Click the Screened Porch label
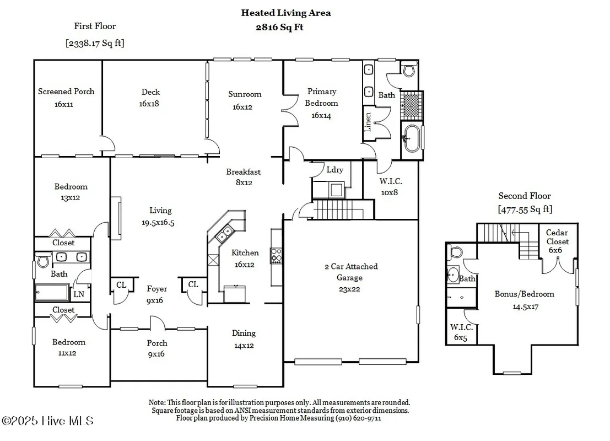tap(66, 97)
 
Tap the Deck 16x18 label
tap(150, 98)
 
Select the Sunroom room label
tap(245, 100)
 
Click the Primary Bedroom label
tap(321, 103)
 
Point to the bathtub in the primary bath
tap(412, 138)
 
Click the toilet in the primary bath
tap(408, 70)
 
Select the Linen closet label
tap(368, 122)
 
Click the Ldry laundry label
tap(334, 169)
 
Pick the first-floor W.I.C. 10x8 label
tap(390, 187)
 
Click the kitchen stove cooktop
tap(276, 255)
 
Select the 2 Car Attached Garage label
tap(350, 277)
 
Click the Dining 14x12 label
tap(244, 338)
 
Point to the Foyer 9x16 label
tap(156, 294)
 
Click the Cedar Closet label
tap(558, 241)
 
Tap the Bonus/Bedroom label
tap(524, 300)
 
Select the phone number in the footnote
tap(358, 418)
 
